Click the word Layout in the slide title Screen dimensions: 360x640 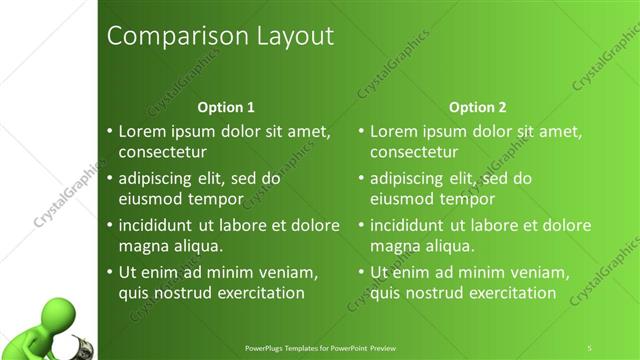click(291, 37)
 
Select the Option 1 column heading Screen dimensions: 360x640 click(226, 107)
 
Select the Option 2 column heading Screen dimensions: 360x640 click(477, 107)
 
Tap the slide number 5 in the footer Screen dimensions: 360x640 click(589, 347)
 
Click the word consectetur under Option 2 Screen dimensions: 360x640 click(414, 153)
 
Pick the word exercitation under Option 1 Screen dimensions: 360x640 click(254, 293)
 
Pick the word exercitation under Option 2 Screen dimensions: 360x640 click(505, 293)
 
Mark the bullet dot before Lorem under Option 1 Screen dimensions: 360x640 click(110, 131)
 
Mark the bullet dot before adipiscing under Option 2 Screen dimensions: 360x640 click(361, 178)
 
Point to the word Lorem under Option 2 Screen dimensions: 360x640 click(394, 131)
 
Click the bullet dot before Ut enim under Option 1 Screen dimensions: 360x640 click(110, 272)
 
